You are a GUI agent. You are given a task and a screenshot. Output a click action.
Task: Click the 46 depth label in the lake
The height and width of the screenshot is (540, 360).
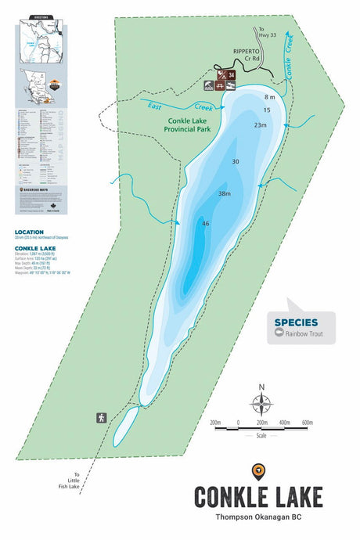(x=206, y=224)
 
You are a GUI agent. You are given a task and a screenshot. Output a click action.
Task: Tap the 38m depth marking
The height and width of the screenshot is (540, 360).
(x=225, y=193)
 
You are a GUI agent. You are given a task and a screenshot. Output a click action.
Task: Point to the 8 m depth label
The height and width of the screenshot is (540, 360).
(x=270, y=97)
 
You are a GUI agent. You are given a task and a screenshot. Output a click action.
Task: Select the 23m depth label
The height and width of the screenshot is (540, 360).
(x=260, y=125)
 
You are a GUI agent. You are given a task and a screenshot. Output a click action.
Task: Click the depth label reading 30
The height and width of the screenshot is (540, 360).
(x=235, y=161)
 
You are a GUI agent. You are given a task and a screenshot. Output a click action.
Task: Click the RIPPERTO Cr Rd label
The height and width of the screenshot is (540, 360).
(x=246, y=55)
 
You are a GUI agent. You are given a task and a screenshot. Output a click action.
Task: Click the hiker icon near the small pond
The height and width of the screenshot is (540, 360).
(x=102, y=417)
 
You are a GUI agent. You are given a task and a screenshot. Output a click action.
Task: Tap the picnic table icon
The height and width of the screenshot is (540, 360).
(x=210, y=86)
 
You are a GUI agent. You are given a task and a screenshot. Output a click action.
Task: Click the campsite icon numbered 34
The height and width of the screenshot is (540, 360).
(x=232, y=75)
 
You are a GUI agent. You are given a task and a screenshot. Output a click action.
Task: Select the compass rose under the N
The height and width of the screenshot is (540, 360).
(x=261, y=404)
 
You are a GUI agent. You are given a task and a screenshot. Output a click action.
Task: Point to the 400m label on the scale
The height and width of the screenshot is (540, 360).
(x=285, y=423)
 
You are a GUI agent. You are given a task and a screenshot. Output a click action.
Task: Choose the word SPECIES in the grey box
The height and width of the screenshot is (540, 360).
(x=296, y=322)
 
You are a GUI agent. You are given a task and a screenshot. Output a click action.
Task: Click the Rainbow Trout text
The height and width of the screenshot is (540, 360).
(x=309, y=334)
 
